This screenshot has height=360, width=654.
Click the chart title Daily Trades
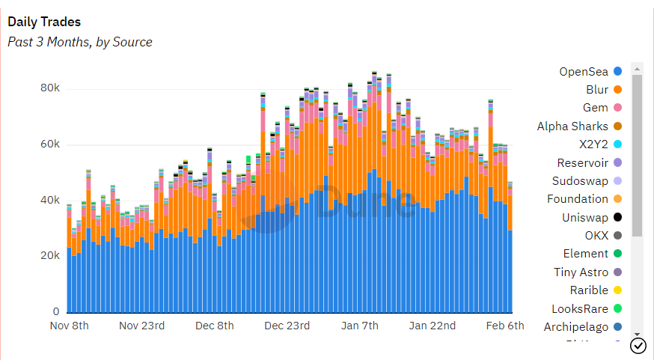44,22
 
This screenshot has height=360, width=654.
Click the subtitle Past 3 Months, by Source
80,42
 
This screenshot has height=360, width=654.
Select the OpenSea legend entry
584,72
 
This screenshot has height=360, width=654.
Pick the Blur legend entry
596,90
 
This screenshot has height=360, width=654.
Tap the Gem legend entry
595,108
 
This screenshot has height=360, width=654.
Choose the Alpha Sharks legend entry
572,126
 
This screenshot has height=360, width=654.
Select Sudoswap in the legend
580,181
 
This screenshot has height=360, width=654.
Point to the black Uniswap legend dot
617,218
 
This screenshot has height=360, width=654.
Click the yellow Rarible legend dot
617,290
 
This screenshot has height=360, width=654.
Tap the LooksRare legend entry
579,308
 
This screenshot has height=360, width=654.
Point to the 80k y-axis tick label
50,88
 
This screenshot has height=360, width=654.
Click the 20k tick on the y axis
50,256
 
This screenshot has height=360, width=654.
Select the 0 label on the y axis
56,311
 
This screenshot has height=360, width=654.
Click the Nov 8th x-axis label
69,326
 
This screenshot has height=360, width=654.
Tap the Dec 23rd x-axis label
287,326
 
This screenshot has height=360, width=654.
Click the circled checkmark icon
638,345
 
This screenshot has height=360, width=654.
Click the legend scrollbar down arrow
637,334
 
